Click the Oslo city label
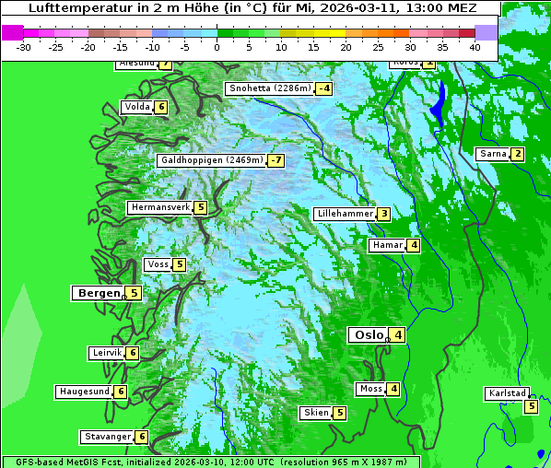(x=368, y=335)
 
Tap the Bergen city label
(x=98, y=293)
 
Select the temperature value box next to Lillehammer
(x=383, y=214)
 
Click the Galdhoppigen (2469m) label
(x=212, y=160)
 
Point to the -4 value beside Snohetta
(x=323, y=89)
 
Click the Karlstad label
(x=507, y=393)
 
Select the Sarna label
(x=493, y=154)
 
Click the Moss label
(x=370, y=389)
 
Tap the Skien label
(x=316, y=413)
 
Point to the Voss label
(x=158, y=264)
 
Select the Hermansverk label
(x=160, y=207)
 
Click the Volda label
(x=137, y=107)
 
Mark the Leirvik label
(x=107, y=353)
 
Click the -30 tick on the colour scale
(x=24, y=46)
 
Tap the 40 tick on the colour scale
(x=475, y=46)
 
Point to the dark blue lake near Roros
(x=439, y=103)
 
